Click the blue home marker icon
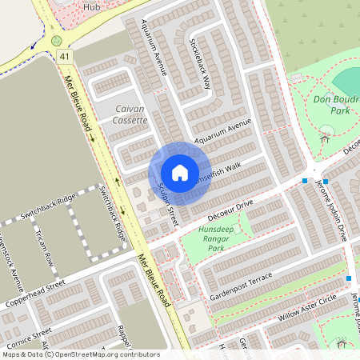[179, 173]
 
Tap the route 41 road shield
[63, 56]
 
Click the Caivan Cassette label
[120, 114]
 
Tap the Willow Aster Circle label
[308, 308]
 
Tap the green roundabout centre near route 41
[56, 40]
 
